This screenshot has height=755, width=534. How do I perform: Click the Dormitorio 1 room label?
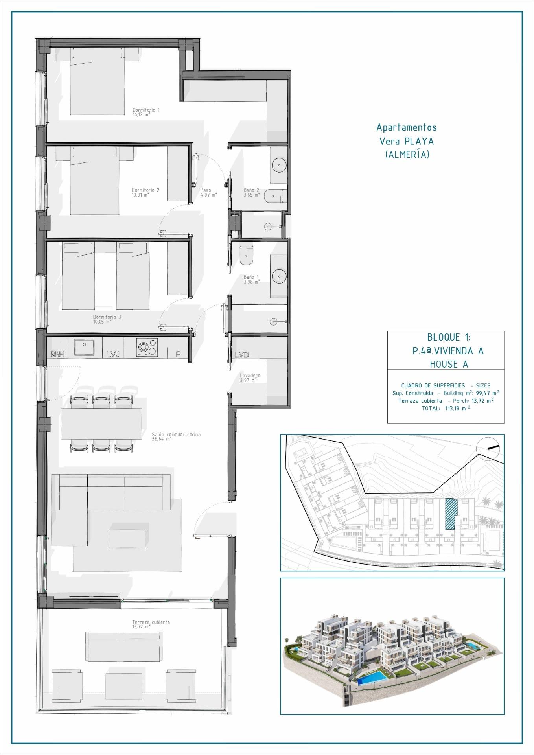146,110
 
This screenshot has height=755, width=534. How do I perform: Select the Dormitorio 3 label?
104,317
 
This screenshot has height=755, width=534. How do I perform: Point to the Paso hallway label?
205,190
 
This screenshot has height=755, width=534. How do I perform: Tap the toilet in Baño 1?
247,254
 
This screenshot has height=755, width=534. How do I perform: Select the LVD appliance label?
241,355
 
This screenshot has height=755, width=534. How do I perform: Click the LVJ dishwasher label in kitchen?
113,355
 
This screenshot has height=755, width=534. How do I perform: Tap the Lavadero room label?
250,376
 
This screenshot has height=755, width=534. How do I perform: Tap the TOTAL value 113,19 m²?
455,409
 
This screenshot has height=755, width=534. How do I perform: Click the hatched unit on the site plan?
449,514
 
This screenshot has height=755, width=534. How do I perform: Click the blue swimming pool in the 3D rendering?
372,676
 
